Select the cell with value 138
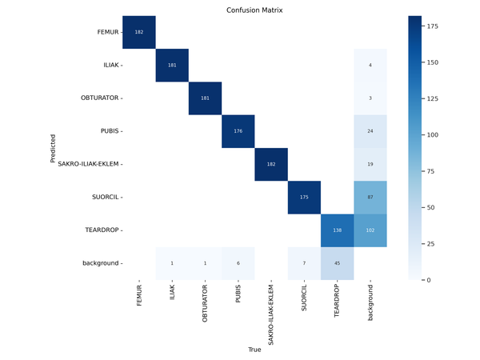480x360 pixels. [337, 229]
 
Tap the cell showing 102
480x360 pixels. [370, 229]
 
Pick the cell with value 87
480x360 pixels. [370, 196]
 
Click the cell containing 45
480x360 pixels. [337, 262]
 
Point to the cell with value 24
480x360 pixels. [370, 130]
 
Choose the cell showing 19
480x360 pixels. [370, 163]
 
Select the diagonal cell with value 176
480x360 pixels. [238, 130]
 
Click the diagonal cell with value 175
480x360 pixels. [303, 196]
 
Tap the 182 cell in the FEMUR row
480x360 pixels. [138, 32]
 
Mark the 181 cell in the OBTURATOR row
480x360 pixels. [205, 98]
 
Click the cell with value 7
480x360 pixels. [303, 262]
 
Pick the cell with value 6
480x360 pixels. [238, 262]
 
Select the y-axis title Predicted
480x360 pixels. [53, 148]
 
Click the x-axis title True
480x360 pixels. [254, 350]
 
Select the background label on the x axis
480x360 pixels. [370, 303]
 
